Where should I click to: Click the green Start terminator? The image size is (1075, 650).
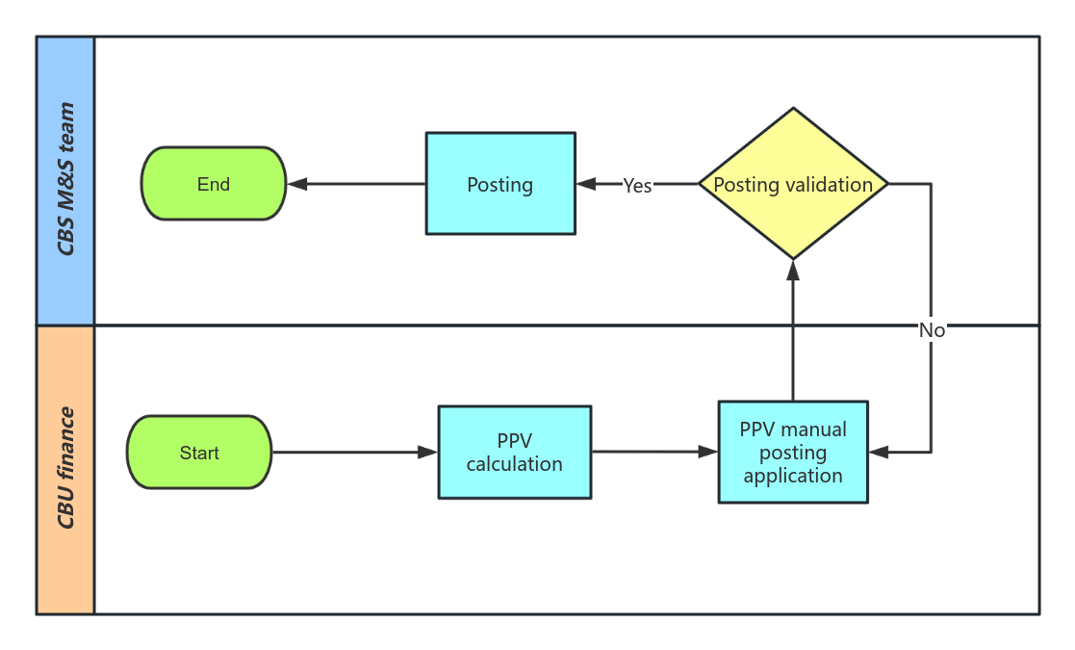point(199,453)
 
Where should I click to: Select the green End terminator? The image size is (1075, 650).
point(214,184)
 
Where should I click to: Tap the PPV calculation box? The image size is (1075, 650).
point(515,453)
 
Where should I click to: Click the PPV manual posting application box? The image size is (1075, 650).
point(793,452)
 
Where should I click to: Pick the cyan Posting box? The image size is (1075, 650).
point(500,184)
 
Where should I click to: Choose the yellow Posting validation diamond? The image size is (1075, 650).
point(793,184)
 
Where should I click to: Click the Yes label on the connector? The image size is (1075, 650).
point(637,186)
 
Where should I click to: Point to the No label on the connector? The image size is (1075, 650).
point(932,330)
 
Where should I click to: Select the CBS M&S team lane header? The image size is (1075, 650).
point(65,181)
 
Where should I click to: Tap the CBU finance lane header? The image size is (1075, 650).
point(65,469)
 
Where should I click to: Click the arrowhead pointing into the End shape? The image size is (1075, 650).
point(297,184)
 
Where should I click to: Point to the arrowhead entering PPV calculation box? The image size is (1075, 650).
point(428,453)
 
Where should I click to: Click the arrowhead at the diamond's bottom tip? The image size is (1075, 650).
point(793,271)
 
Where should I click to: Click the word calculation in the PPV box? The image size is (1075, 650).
point(515,464)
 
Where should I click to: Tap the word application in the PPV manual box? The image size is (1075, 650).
point(793,476)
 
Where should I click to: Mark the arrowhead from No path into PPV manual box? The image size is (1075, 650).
point(878,452)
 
